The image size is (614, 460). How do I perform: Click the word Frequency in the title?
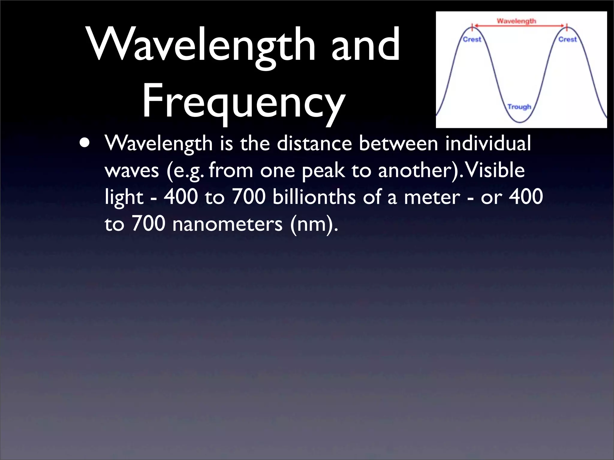pos(243,101)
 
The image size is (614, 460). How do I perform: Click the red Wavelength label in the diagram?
pos(516,21)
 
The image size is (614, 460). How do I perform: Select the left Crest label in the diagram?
pos(472,40)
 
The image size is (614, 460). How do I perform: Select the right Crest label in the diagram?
pos(568,40)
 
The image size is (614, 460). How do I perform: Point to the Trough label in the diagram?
pos(519,107)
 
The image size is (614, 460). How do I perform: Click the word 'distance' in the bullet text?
pos(314,143)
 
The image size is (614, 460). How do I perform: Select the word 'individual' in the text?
pos(488,143)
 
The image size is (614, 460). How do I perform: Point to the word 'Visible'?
pos(494,170)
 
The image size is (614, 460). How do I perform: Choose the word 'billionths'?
pos(314,197)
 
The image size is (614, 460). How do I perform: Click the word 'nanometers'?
pos(227,224)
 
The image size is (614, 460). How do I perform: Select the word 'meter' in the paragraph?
pos(432,197)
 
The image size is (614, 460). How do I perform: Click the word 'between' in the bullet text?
pos(398,143)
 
